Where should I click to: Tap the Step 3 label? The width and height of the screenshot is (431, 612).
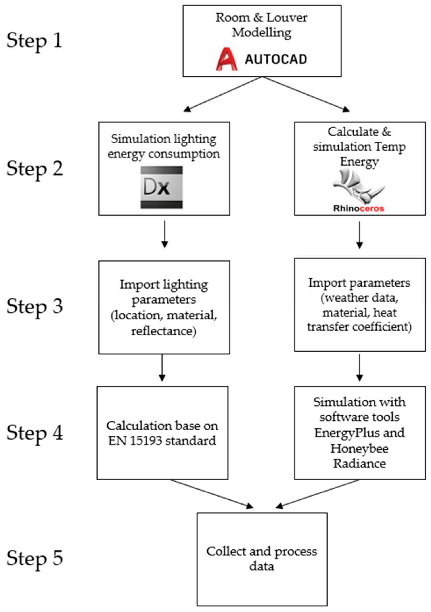pos(35,306)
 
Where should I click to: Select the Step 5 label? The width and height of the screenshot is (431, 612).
pos(35,558)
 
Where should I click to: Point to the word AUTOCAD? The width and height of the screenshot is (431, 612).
pos(276,59)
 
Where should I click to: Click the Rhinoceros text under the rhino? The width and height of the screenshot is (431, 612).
pos(358,208)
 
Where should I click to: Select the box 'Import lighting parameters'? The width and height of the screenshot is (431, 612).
pos(164,307)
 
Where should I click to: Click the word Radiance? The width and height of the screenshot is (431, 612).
pos(359,463)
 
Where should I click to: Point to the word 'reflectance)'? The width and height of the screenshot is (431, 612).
pos(164,331)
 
